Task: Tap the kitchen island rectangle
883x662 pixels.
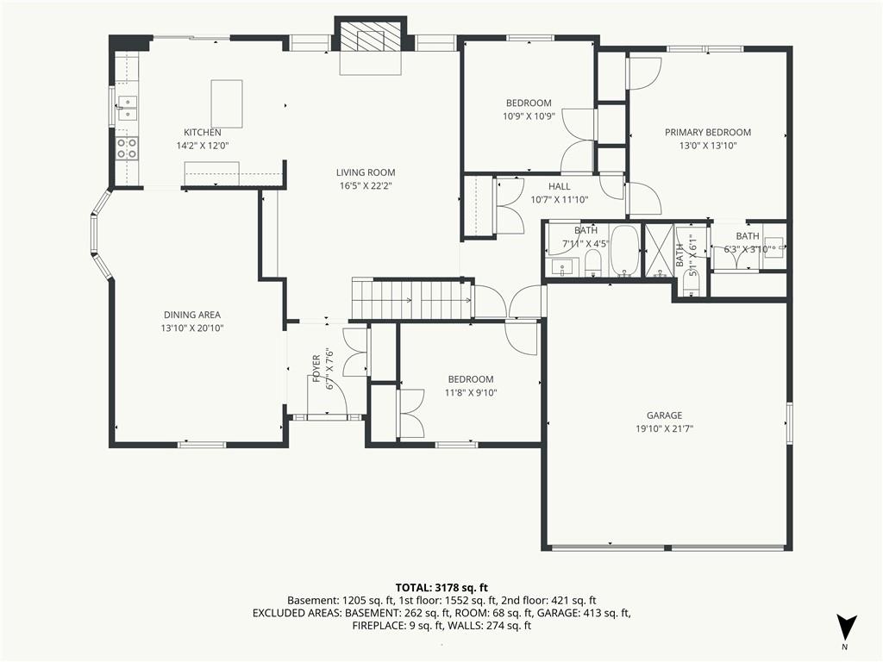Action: coord(227,103)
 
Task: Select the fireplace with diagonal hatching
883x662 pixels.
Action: coord(370,39)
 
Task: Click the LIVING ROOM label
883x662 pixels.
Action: coord(366,172)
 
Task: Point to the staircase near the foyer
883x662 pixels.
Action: coord(409,300)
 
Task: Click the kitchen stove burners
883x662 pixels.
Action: coord(128,148)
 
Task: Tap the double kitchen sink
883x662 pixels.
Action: coord(127,108)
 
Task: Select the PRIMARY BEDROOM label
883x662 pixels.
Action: coord(707,132)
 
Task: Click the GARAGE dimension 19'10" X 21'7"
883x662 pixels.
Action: coord(664,428)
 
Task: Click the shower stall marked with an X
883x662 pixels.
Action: coord(661,249)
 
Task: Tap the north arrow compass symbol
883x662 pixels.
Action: coord(847,628)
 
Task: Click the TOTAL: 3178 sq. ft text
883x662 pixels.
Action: coord(441,587)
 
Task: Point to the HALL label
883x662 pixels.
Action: coord(559,186)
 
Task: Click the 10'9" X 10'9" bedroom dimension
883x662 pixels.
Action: coord(529,116)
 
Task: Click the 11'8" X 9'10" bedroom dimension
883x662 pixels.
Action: coord(471,392)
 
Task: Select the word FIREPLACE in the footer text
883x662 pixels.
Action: coord(379,626)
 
